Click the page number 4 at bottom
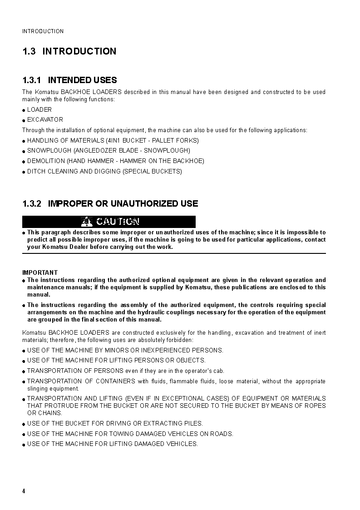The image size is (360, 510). (x=24, y=491)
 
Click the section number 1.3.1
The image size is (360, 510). (x=32, y=80)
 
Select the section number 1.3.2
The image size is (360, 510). (x=32, y=204)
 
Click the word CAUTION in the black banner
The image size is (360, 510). (x=118, y=222)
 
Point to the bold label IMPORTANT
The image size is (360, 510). (x=40, y=272)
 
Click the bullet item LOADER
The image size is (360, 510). (x=39, y=109)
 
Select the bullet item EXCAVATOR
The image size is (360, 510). (x=45, y=120)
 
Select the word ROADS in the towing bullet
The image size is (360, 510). (x=221, y=434)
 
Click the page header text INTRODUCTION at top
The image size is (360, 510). (x=43, y=31)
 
